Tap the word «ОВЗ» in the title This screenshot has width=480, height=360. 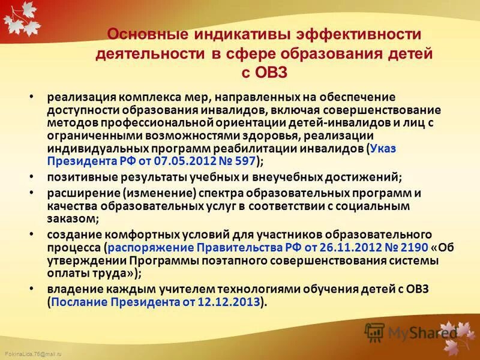point(265,72)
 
